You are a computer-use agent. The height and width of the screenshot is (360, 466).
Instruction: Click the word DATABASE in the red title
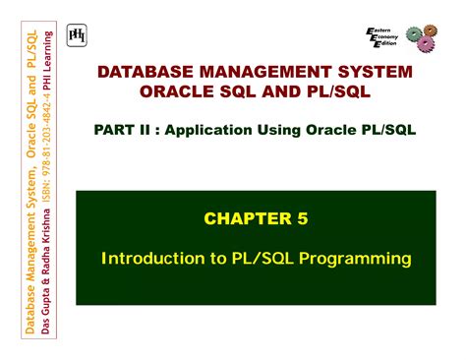click(141, 74)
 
